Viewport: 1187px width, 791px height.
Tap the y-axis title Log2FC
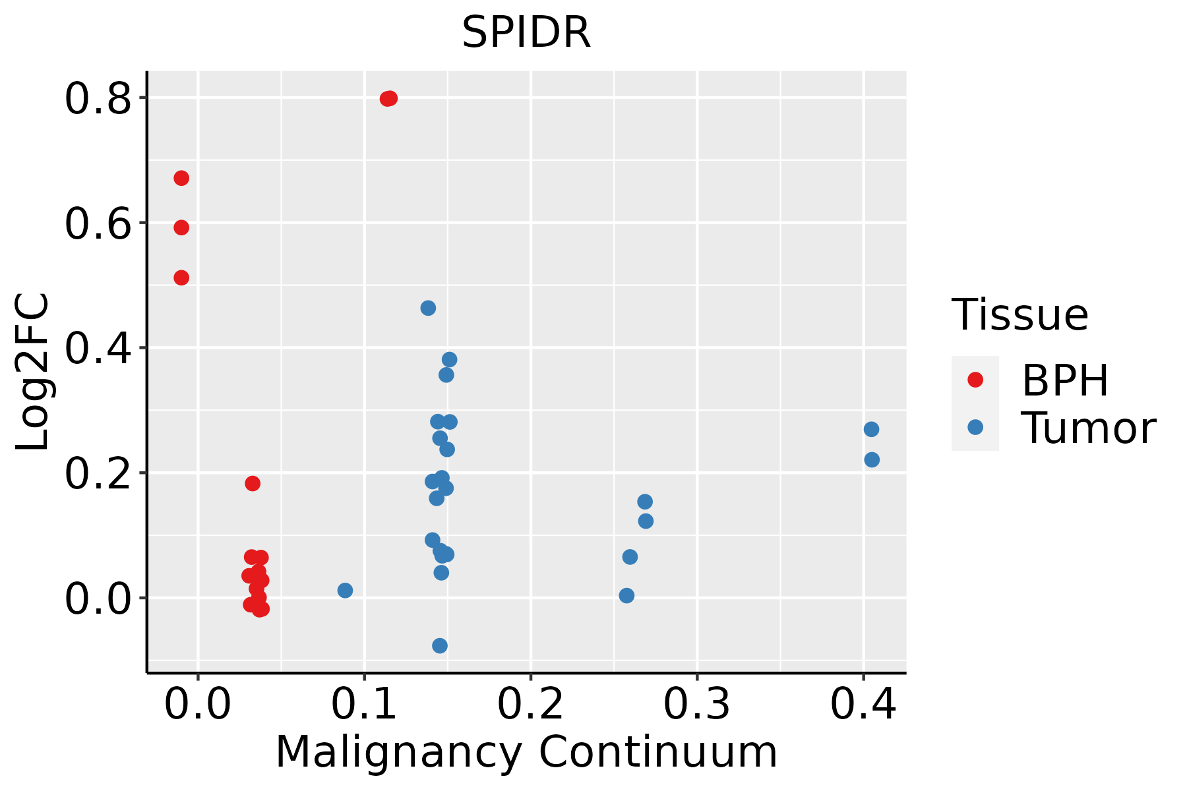click(33, 372)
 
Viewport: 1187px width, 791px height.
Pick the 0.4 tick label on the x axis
click(863, 704)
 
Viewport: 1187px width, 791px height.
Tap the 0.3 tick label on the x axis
click(696, 704)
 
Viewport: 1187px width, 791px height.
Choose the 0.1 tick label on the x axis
click(364, 704)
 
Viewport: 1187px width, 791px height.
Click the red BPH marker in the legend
click(975, 379)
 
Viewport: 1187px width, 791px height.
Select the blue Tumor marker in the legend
click(975, 427)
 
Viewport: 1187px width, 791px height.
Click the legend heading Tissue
click(1020, 315)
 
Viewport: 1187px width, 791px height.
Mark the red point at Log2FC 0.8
click(388, 99)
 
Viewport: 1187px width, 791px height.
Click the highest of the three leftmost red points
click(181, 178)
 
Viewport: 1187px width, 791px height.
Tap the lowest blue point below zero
click(440, 645)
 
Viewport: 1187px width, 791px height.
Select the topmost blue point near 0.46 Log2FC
click(428, 308)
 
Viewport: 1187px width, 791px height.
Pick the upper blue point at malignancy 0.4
click(871, 429)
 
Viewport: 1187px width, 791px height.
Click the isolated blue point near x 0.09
click(345, 590)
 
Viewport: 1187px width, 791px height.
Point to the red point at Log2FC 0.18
click(253, 483)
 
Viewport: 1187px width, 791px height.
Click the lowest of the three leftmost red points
click(181, 278)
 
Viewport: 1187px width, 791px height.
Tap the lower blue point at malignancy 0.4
click(872, 459)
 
